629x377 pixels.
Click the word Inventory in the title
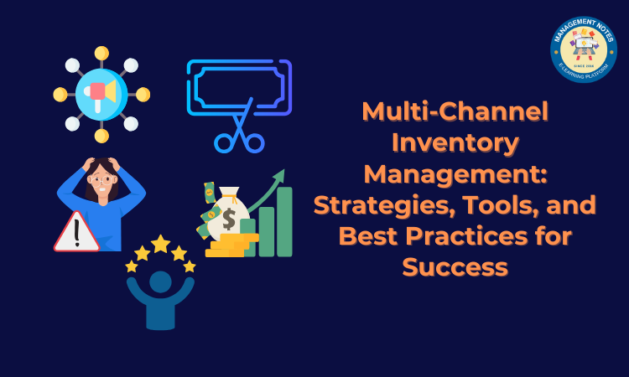[455, 144]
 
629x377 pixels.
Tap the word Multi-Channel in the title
[455, 112]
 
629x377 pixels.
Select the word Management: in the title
[455, 175]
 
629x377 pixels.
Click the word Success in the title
[455, 267]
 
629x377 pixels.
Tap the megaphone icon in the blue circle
[101, 93]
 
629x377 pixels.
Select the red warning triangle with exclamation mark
[76, 232]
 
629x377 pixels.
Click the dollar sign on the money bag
[228, 219]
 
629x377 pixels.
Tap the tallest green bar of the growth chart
[284, 221]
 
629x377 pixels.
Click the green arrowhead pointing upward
[279, 175]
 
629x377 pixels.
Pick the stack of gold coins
[227, 246]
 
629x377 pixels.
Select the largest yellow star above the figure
[160, 244]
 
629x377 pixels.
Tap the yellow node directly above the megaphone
[101, 54]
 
